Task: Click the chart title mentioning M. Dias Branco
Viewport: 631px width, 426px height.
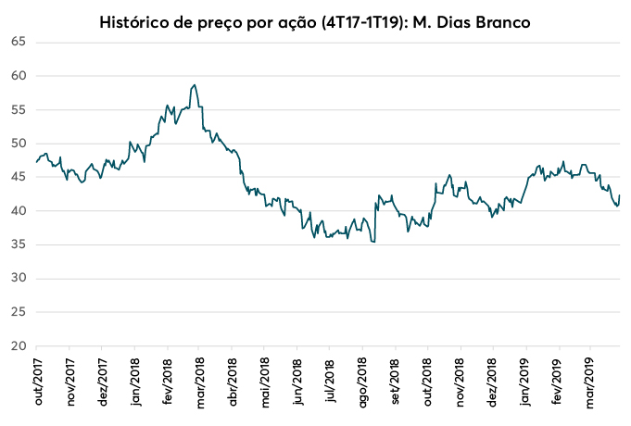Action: coord(315,20)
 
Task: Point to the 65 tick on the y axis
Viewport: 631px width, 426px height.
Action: coord(18,43)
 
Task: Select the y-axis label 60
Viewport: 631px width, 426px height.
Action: coord(18,76)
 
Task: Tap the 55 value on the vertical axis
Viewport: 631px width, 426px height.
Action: coord(18,110)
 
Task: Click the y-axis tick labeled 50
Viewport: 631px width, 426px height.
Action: coord(18,144)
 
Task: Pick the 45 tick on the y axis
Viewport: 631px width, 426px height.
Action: coord(18,178)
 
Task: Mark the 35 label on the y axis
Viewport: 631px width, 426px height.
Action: coord(18,245)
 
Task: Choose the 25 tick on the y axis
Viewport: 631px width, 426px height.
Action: coord(18,313)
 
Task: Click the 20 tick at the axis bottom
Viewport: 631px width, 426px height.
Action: coord(18,346)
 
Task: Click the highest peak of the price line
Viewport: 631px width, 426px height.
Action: coord(194,85)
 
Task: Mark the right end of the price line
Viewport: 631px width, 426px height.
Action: coord(620,195)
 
